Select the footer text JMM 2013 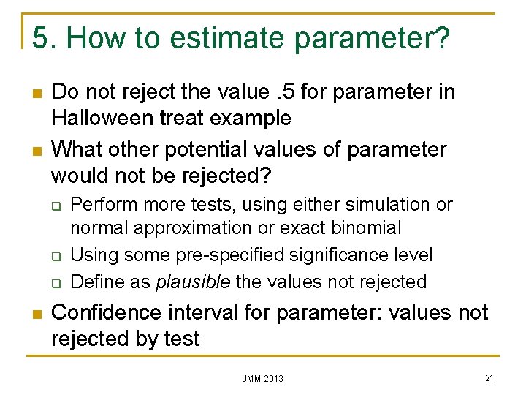[263, 378]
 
